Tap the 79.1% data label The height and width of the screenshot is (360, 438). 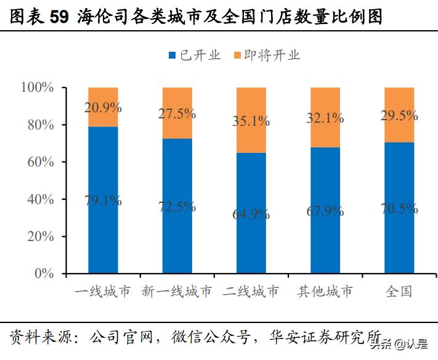click(x=103, y=200)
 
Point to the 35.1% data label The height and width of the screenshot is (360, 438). click(x=251, y=121)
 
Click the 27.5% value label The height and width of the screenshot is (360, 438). click(x=177, y=113)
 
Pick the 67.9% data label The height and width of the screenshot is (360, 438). click(x=325, y=211)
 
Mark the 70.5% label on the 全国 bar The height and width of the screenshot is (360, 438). click(x=399, y=208)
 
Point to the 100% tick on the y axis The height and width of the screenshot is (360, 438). click(x=38, y=88)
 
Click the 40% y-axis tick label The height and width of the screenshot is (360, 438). click(x=41, y=199)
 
